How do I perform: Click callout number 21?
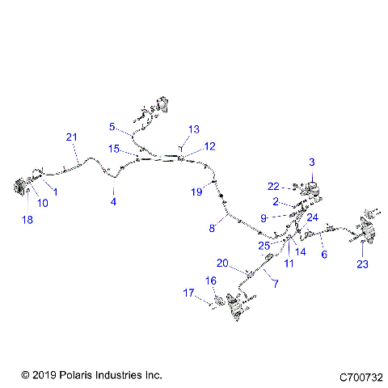coord(71,137)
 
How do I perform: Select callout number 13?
coord(193,129)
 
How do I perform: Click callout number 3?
coord(312,162)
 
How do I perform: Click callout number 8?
coord(212,229)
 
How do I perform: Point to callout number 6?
coord(324,254)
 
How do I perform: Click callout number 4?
coord(114,201)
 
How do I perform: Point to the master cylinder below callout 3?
coord(311,185)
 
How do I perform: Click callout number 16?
coord(211,280)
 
